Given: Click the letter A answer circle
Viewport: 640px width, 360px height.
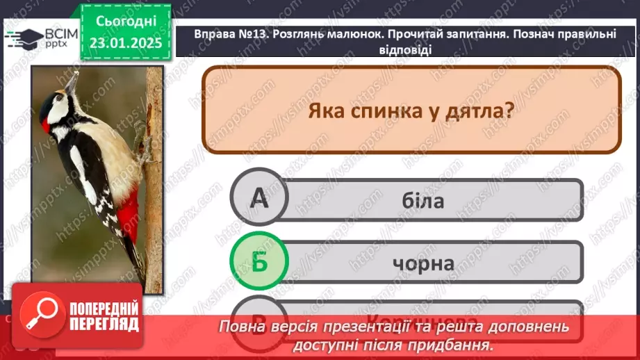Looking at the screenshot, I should click(x=259, y=200).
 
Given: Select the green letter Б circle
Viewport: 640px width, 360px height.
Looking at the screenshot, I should click(x=259, y=262).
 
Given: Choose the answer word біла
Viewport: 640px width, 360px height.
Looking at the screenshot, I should click(x=422, y=201).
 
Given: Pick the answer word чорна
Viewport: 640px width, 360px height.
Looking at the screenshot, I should click(x=422, y=263).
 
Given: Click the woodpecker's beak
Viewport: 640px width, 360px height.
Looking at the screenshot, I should click(x=69, y=82).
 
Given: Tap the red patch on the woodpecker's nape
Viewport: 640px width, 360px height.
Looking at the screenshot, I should click(x=46, y=126).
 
